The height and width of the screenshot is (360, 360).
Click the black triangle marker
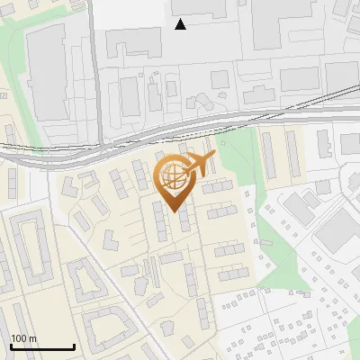click(181, 24)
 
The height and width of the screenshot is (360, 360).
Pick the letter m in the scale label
click(33, 338)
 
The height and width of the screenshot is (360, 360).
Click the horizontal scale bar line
click(42, 346)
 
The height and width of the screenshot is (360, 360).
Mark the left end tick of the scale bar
click(11, 346)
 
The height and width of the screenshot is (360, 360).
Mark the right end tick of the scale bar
click(74, 346)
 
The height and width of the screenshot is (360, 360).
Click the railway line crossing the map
click(270, 115)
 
